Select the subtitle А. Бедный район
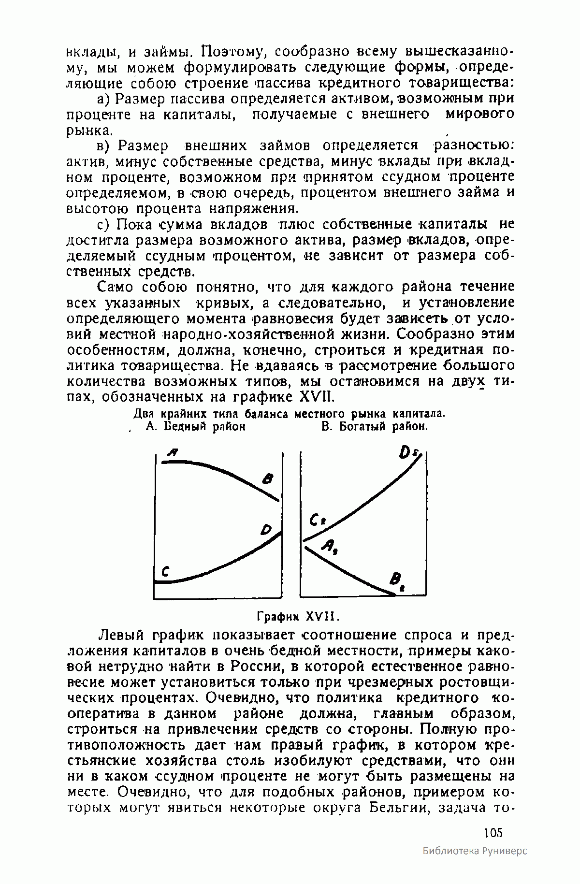click(195, 427)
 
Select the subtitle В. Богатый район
click(375, 427)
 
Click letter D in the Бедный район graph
click(266, 530)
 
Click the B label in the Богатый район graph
click(398, 579)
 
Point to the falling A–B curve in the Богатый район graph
click(348, 570)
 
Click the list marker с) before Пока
click(104, 225)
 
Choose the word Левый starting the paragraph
click(118, 634)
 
